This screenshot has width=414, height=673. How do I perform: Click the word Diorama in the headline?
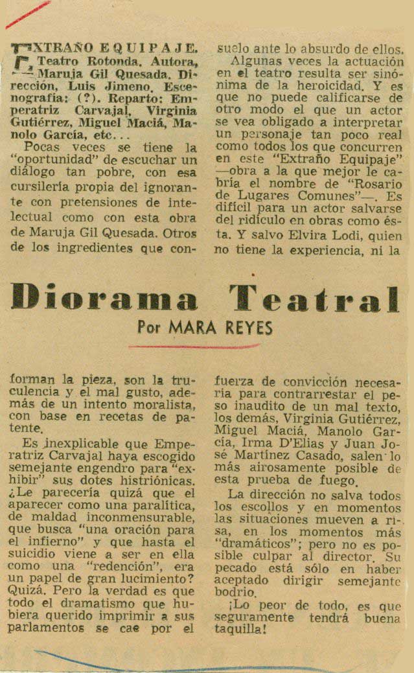coord(104,300)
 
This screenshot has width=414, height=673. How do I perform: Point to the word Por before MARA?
coord(150,328)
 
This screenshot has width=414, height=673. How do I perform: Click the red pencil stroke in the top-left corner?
coord(27,14)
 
